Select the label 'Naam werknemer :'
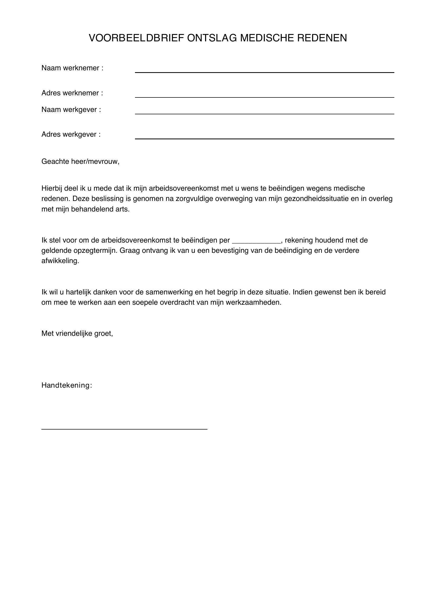coord(72,68)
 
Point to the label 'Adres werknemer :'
coord(72,93)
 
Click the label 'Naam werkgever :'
coord(71,110)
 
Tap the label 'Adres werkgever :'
coord(71,134)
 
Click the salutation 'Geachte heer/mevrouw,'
coord(80,162)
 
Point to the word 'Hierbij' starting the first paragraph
coord(52,189)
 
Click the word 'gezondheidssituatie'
coord(311,199)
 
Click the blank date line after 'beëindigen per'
coord(256,241)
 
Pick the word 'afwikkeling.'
coord(60,261)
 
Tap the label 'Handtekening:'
coord(67,386)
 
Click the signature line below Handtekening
coord(124,429)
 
